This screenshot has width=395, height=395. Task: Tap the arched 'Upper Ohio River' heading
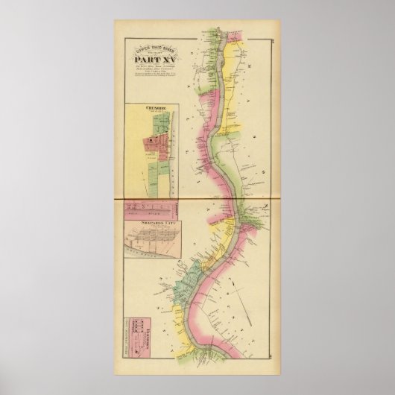pyautogui.click(x=151, y=50)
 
